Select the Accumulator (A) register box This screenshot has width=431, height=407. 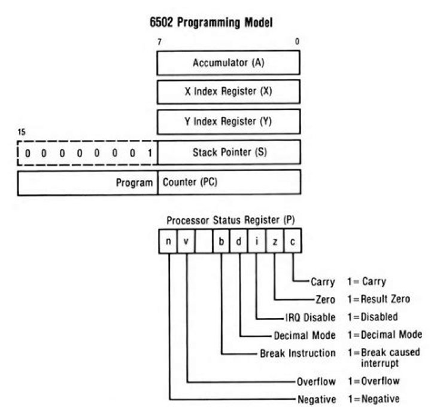point(228,63)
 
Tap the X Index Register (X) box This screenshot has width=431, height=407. point(228,92)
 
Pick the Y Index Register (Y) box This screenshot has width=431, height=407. point(228,121)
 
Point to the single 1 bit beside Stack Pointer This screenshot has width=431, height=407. point(149,152)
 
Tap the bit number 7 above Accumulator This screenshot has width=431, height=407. point(159,42)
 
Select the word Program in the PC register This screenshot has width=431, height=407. point(135,182)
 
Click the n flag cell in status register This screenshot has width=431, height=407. point(169,241)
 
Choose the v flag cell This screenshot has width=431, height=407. point(187,241)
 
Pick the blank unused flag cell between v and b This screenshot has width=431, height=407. point(204,241)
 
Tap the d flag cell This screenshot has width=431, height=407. point(239,241)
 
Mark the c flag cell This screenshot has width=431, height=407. point(292,241)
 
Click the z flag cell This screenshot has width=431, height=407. point(275,241)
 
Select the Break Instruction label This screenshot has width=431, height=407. point(298,353)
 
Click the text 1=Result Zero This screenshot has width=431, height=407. point(378,299)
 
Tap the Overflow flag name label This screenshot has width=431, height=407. point(315,381)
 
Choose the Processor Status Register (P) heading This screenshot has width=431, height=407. point(230,219)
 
